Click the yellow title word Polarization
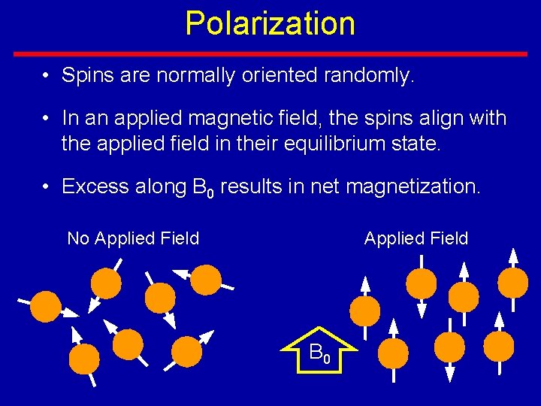pos(270,23)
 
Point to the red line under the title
pos(270,54)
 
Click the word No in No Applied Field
pos(77,239)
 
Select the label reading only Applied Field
pos(416,239)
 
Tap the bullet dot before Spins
pos(47,77)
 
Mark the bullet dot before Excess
pos(47,187)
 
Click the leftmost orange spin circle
pos(45,307)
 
